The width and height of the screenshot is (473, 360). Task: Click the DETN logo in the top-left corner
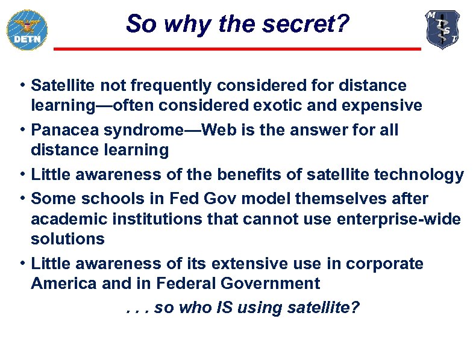tap(27, 29)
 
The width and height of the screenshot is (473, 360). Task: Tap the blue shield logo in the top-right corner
tap(443, 29)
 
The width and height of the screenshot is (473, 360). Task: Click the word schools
tap(101, 198)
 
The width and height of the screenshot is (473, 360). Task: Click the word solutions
tap(67, 239)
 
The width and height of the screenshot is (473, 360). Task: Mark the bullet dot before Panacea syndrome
tap(21, 130)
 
